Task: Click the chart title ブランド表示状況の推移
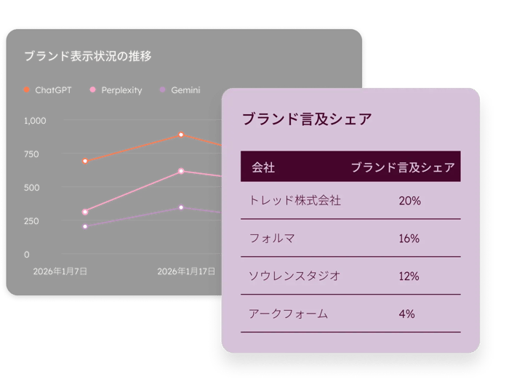tap(87, 56)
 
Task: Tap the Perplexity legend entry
tap(116, 90)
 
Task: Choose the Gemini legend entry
tap(180, 90)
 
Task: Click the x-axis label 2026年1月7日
tap(60, 271)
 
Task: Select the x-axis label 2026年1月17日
tap(186, 271)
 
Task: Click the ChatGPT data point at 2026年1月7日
tap(85, 161)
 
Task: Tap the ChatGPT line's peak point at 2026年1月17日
tap(181, 135)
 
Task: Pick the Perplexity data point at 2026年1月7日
tap(85, 212)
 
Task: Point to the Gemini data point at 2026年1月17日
tap(181, 207)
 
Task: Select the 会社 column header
tap(263, 167)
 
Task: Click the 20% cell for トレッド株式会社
tap(409, 201)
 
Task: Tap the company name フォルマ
tap(272, 239)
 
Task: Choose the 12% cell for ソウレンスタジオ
tap(409, 276)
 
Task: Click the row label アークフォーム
tap(288, 314)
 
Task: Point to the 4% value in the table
tap(406, 314)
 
